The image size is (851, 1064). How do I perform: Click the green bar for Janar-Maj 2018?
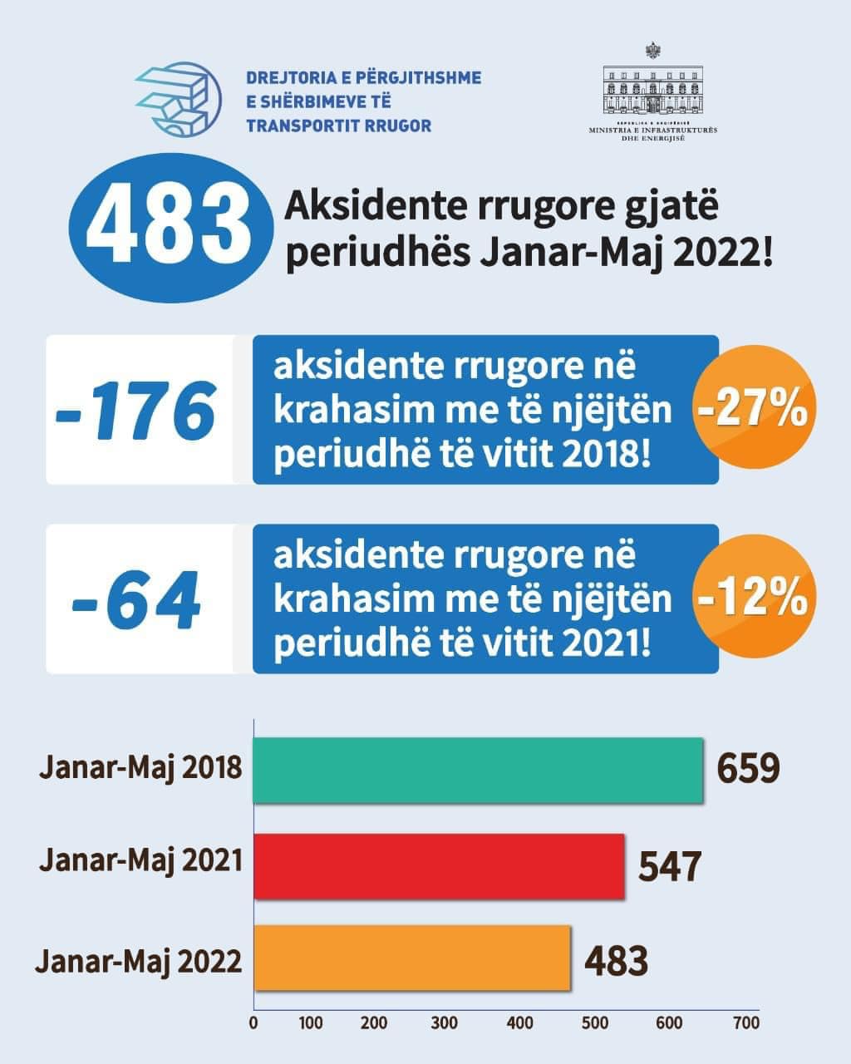click(478, 770)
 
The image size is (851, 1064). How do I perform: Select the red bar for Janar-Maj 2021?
click(439, 865)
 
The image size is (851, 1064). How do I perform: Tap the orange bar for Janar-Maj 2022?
click(412, 958)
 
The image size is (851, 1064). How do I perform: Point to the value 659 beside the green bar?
click(748, 769)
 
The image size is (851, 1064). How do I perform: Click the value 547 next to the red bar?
click(670, 865)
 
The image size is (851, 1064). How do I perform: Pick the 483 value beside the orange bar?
click(616, 961)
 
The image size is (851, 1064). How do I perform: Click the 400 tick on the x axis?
click(520, 1022)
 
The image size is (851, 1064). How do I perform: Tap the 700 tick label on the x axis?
click(746, 1022)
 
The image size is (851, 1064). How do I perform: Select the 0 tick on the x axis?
click(253, 1022)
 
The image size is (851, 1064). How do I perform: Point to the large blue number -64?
click(137, 599)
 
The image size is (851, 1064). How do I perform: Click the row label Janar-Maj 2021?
click(140, 860)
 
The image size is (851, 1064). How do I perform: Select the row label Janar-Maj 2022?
click(138, 961)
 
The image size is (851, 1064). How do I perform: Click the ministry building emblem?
click(652, 91)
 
